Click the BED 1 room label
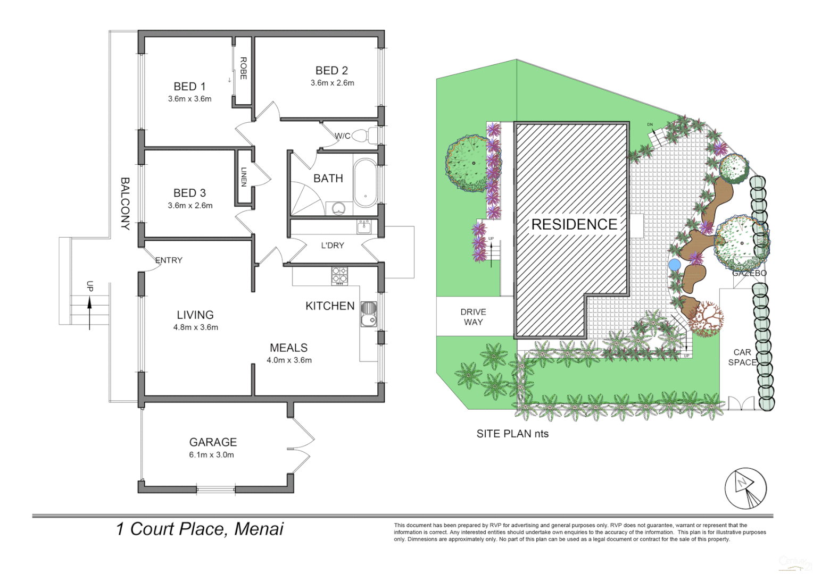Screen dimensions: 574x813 pyautogui.click(x=189, y=87)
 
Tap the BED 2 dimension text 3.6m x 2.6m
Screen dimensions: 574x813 pyautogui.click(x=332, y=83)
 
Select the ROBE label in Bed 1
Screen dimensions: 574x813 pyautogui.click(x=243, y=68)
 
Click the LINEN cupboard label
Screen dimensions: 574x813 pyautogui.click(x=244, y=177)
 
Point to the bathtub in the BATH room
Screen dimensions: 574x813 pyautogui.click(x=365, y=182)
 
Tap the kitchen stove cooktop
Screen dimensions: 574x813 pyautogui.click(x=339, y=275)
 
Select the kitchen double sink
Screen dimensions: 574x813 pyautogui.click(x=369, y=314)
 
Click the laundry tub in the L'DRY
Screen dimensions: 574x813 pyautogui.click(x=364, y=227)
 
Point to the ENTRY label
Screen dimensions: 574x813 pyautogui.click(x=169, y=260)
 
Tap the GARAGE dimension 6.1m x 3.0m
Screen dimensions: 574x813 pyautogui.click(x=211, y=455)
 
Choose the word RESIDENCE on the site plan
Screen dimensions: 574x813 pyautogui.click(x=574, y=225)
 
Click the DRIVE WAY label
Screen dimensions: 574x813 pyautogui.click(x=473, y=317)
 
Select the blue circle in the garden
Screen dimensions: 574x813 pyautogui.click(x=675, y=265)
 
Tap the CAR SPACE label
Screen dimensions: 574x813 pyautogui.click(x=742, y=357)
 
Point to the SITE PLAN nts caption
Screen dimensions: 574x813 pyautogui.click(x=512, y=434)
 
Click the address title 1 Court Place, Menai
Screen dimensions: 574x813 pyautogui.click(x=200, y=529)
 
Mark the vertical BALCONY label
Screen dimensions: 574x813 pyautogui.click(x=125, y=204)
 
